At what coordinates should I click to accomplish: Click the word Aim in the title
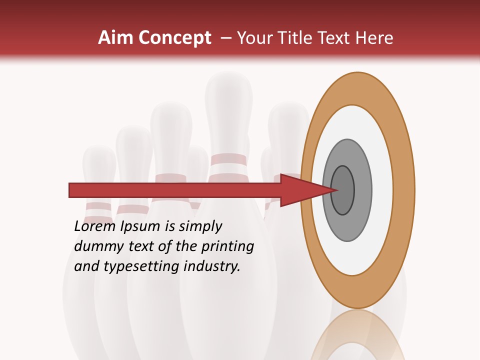(x=115, y=38)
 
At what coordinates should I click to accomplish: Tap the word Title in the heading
(x=297, y=38)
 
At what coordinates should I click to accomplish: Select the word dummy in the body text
(x=97, y=246)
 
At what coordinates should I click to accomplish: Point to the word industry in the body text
(x=212, y=266)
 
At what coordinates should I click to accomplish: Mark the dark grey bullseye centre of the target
(x=343, y=190)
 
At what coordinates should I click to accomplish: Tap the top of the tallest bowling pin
(x=228, y=82)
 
